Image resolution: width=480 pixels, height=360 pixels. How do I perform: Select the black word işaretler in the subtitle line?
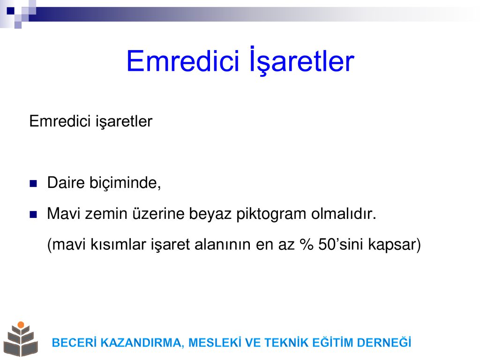(x=124, y=121)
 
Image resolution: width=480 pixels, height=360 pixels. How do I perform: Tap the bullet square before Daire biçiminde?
(x=33, y=183)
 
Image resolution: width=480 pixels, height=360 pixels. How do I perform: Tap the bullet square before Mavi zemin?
(x=33, y=214)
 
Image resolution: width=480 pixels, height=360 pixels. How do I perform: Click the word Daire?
(x=66, y=183)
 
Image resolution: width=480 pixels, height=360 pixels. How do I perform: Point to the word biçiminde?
(x=125, y=183)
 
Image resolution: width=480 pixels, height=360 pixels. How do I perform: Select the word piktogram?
(x=271, y=214)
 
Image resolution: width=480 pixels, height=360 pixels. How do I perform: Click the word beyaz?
(x=210, y=214)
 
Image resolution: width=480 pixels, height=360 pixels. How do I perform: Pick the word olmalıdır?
(x=344, y=214)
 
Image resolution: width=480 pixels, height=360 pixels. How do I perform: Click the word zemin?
(x=106, y=214)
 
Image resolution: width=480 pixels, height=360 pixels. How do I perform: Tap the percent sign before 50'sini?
(x=307, y=245)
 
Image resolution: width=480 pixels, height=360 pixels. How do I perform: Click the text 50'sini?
(x=341, y=245)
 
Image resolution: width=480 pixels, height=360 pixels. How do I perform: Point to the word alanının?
(x=223, y=245)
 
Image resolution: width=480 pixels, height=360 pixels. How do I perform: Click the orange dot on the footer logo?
(x=21, y=325)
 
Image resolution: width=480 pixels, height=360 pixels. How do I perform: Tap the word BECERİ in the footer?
(x=75, y=343)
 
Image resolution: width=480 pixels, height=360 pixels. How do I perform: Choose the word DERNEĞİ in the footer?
(x=384, y=342)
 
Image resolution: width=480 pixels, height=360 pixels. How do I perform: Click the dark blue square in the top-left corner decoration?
(x=11, y=11)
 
